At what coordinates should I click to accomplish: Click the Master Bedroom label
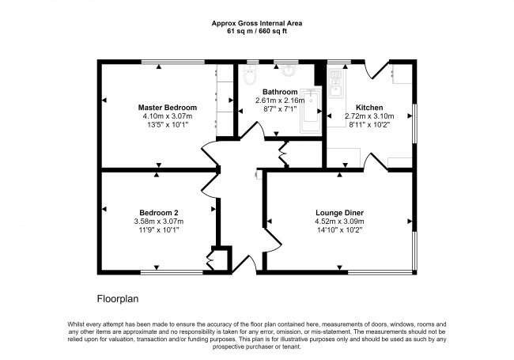click(168, 108)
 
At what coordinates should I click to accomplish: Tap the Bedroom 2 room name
click(159, 213)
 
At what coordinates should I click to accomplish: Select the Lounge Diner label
click(339, 213)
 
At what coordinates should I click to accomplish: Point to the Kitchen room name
click(369, 108)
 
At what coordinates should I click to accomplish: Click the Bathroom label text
click(280, 92)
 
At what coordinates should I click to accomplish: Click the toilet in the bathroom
click(250, 74)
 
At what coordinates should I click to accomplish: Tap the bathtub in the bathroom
click(311, 111)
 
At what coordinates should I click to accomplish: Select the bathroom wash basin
click(289, 70)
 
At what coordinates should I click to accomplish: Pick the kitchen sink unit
click(336, 84)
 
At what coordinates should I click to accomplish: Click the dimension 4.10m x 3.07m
click(168, 116)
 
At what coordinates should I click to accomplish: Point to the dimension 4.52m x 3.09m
click(339, 222)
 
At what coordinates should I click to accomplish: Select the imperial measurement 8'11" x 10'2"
click(369, 124)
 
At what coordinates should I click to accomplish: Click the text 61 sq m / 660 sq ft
click(257, 32)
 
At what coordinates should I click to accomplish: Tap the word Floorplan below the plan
click(118, 299)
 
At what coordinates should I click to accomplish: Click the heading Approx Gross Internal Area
click(257, 23)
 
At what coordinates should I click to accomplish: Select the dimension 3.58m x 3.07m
click(159, 222)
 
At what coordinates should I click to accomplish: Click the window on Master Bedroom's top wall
click(172, 62)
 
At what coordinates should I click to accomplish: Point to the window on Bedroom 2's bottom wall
click(172, 272)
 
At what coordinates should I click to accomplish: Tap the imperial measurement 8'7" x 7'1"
click(280, 109)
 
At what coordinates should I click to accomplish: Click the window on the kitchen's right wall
click(414, 123)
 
